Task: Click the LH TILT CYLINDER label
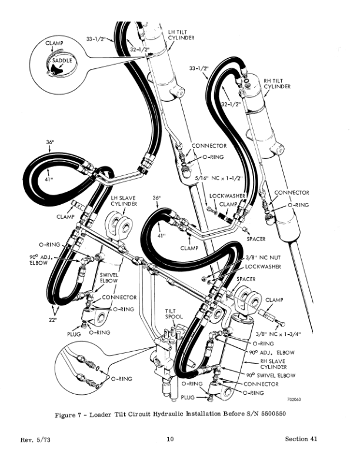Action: [180, 34]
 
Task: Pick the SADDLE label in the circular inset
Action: [62, 61]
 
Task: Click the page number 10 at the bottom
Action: [170, 439]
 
